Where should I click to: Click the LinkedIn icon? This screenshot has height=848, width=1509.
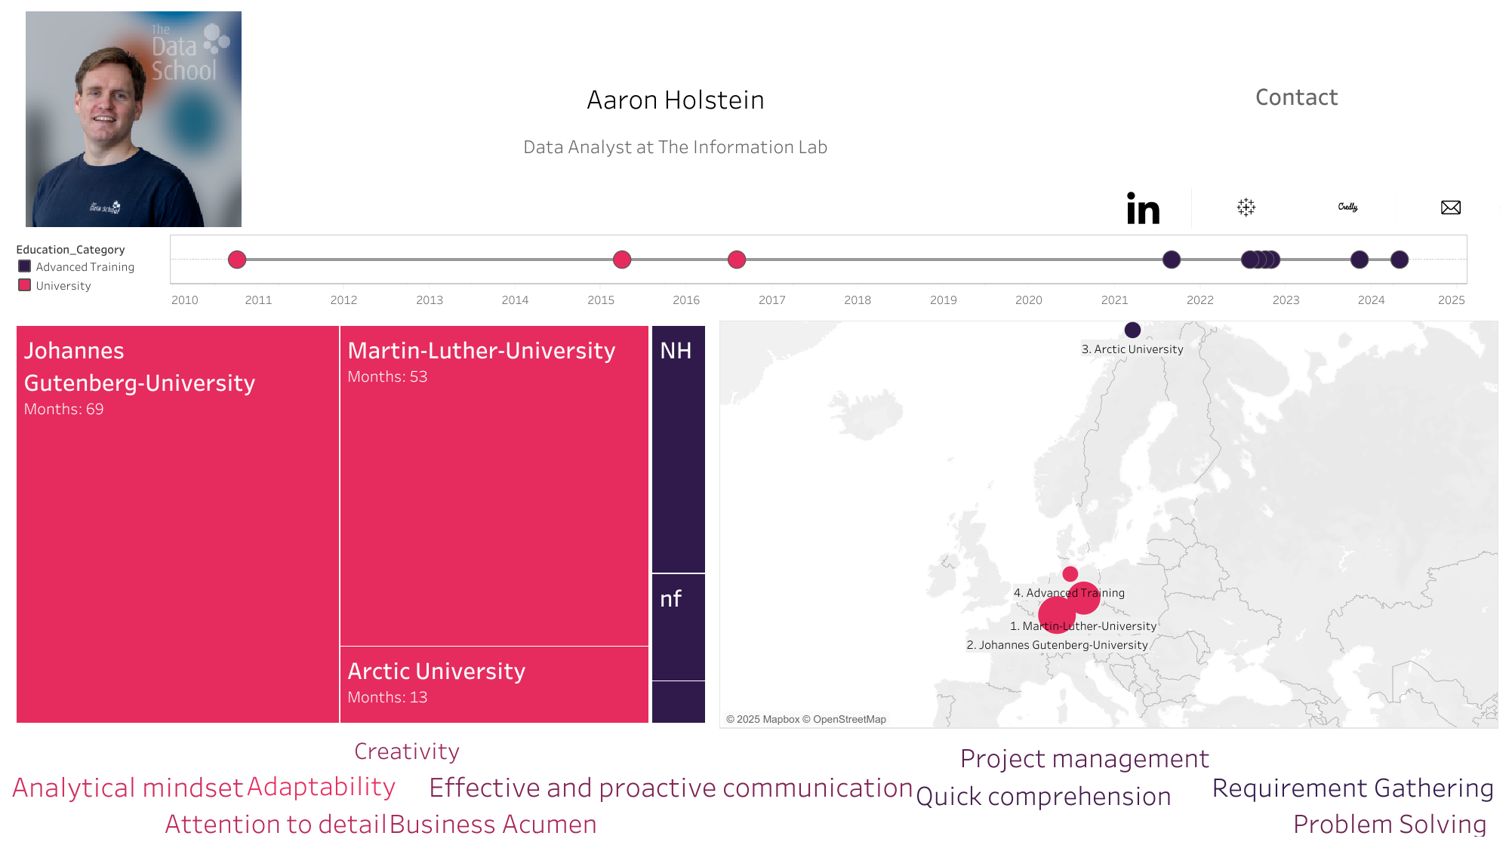coord(1143,208)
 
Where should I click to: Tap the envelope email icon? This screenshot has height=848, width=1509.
coord(1450,207)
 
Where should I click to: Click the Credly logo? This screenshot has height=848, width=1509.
coord(1347,207)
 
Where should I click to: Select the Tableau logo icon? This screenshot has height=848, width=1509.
coord(1246,207)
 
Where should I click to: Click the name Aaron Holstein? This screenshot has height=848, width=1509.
coord(676,100)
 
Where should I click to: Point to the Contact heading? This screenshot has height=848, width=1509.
coord(1296,97)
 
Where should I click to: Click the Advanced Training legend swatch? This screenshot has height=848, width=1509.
coord(25,266)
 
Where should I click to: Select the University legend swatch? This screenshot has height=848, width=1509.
coord(25,285)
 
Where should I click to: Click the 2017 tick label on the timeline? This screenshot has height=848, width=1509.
coord(771,300)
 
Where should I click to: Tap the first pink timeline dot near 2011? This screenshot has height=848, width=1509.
coord(237,260)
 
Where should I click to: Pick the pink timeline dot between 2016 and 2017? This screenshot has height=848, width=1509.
coord(737,260)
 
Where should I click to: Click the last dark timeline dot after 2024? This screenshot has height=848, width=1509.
coord(1400,260)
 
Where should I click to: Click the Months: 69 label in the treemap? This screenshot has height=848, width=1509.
coord(63,410)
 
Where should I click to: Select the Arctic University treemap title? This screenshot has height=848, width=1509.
coord(436,671)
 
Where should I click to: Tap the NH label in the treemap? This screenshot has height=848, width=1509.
coord(676,351)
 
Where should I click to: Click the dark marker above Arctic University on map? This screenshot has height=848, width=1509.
coord(1132,330)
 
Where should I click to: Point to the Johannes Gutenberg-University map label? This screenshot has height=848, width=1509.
coord(1057,645)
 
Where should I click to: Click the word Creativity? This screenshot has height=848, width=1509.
coord(407,751)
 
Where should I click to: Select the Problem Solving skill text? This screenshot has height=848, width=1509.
coord(1390,825)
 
